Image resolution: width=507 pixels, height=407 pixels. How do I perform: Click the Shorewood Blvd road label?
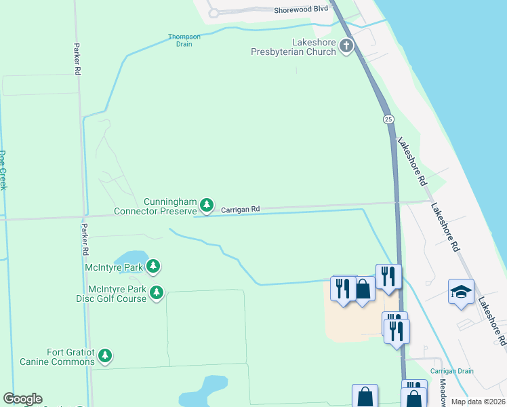301,9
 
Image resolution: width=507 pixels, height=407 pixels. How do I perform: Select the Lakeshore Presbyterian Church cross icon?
346,46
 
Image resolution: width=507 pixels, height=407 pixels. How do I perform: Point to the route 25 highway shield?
388,119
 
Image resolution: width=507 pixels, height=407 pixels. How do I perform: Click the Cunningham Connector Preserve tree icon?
207,204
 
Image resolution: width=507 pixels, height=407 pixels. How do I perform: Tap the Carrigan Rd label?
241,210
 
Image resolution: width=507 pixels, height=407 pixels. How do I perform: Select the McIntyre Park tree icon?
154,267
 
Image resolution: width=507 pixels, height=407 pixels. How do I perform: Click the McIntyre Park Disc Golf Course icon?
157,292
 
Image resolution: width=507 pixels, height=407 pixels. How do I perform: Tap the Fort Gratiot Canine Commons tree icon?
104,355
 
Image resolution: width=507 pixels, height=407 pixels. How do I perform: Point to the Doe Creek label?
3,170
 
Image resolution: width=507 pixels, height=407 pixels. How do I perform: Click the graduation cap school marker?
461,292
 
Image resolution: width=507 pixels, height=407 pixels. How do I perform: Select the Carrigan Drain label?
451,371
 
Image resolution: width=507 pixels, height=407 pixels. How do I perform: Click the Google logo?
22,399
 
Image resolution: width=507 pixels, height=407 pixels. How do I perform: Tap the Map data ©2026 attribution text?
478,402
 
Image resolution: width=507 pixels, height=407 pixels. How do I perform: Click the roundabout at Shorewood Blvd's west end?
214,13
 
